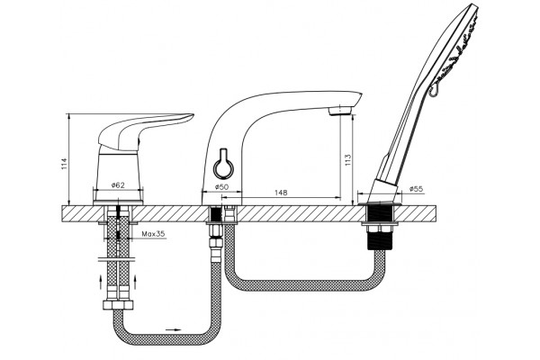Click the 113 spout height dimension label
point(347,160)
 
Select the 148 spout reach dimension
point(281,193)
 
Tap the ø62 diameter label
point(118,185)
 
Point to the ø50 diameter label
point(221,187)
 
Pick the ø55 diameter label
point(417,189)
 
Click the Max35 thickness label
point(154,234)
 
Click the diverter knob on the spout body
point(223,166)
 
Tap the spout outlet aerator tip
point(339,111)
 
